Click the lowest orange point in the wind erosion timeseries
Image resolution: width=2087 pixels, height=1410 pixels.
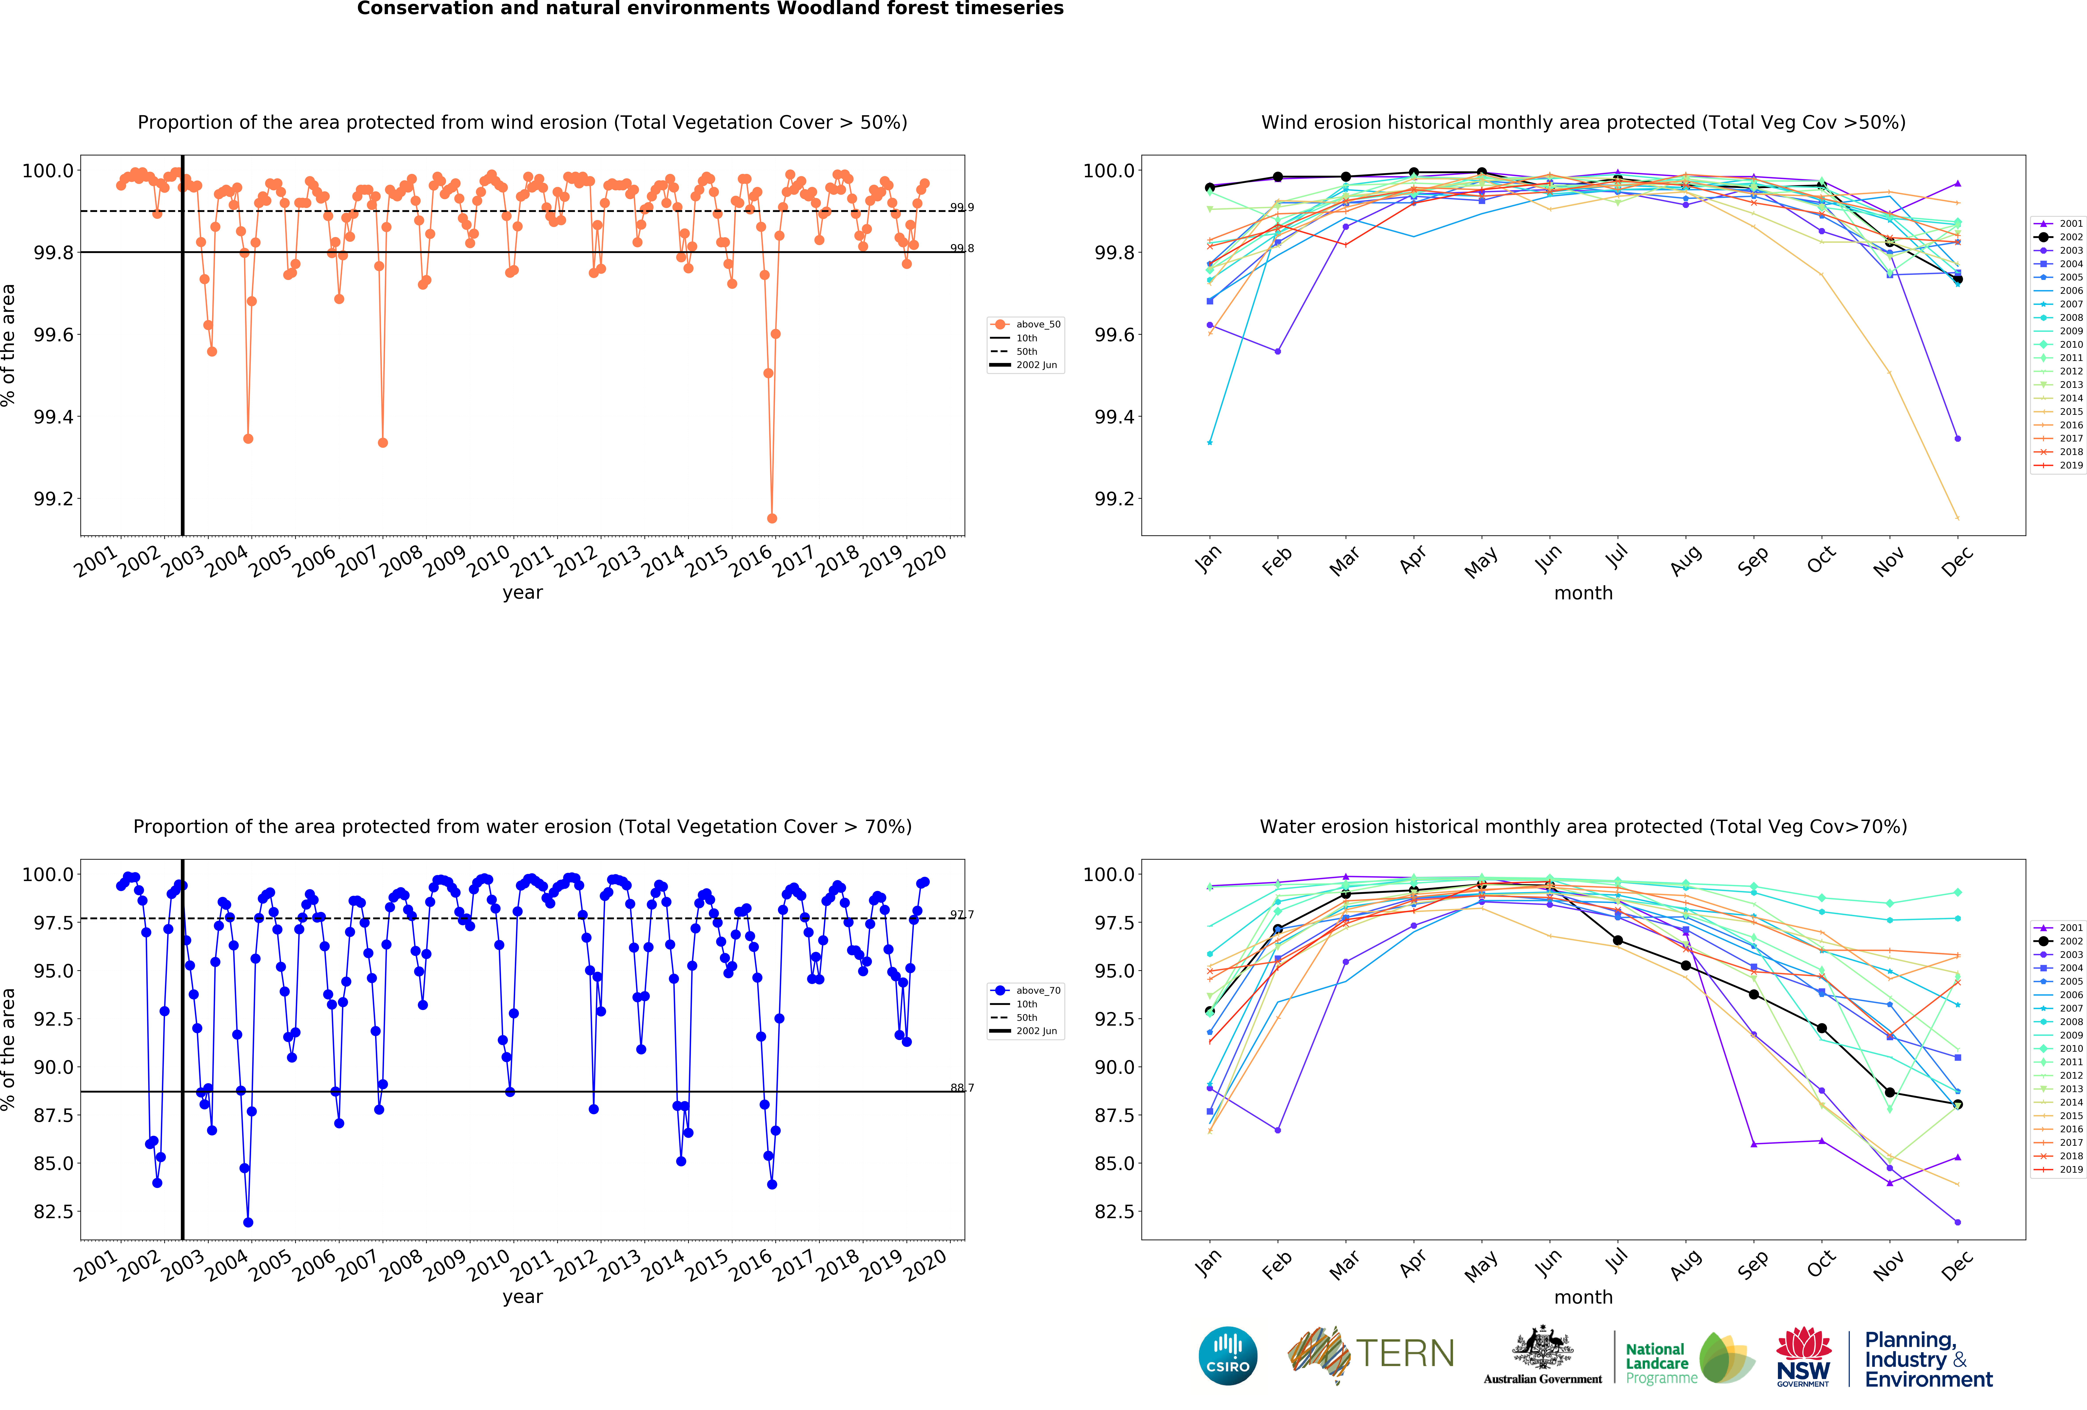(x=771, y=518)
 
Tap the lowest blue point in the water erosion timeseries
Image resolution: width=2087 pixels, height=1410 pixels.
(x=248, y=1222)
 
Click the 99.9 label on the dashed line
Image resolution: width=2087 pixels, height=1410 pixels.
(x=962, y=208)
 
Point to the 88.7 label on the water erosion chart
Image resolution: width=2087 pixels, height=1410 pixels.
(x=962, y=1088)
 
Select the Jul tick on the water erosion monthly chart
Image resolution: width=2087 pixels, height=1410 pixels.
(x=1617, y=1262)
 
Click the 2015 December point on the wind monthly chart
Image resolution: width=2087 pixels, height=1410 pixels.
(x=1958, y=518)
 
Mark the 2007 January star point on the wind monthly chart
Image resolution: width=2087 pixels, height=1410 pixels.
(x=1210, y=442)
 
